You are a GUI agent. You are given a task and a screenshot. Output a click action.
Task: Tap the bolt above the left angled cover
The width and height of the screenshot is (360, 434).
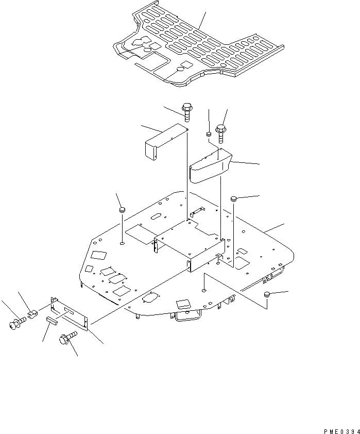(186, 112)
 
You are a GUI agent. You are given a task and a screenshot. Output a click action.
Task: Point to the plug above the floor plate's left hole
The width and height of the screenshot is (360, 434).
(123, 210)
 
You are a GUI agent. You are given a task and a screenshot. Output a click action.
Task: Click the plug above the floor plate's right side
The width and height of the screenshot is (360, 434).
(233, 198)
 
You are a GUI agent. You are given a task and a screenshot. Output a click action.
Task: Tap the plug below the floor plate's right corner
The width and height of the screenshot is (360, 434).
(267, 295)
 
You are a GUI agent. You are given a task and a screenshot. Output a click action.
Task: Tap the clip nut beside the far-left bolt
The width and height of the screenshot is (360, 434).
(32, 313)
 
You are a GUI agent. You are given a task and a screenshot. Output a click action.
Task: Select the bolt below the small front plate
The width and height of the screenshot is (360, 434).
(67, 338)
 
